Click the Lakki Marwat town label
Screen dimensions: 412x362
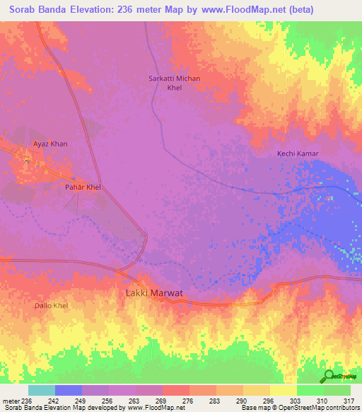(x=154, y=293)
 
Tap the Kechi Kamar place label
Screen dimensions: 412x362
(x=297, y=154)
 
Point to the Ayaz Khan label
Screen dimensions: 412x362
(x=50, y=144)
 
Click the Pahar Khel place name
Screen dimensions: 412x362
(x=83, y=188)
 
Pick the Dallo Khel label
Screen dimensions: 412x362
(x=51, y=305)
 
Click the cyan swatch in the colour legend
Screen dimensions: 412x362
(x=41, y=390)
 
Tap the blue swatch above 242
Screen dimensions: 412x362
(x=68, y=390)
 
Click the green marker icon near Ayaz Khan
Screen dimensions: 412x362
(x=27, y=159)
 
